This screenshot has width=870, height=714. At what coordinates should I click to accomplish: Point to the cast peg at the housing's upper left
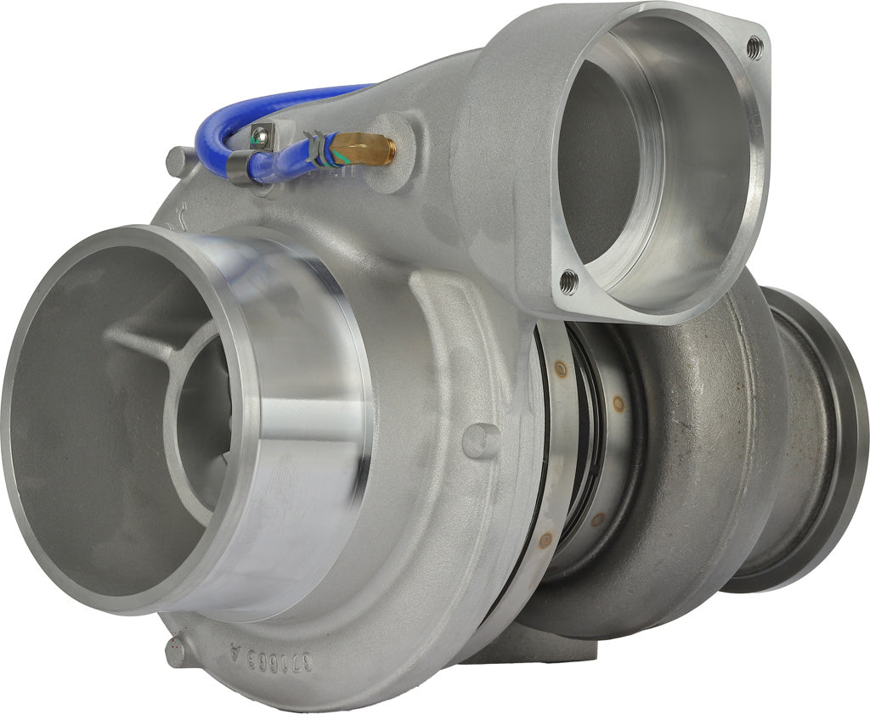tap(179, 159)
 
